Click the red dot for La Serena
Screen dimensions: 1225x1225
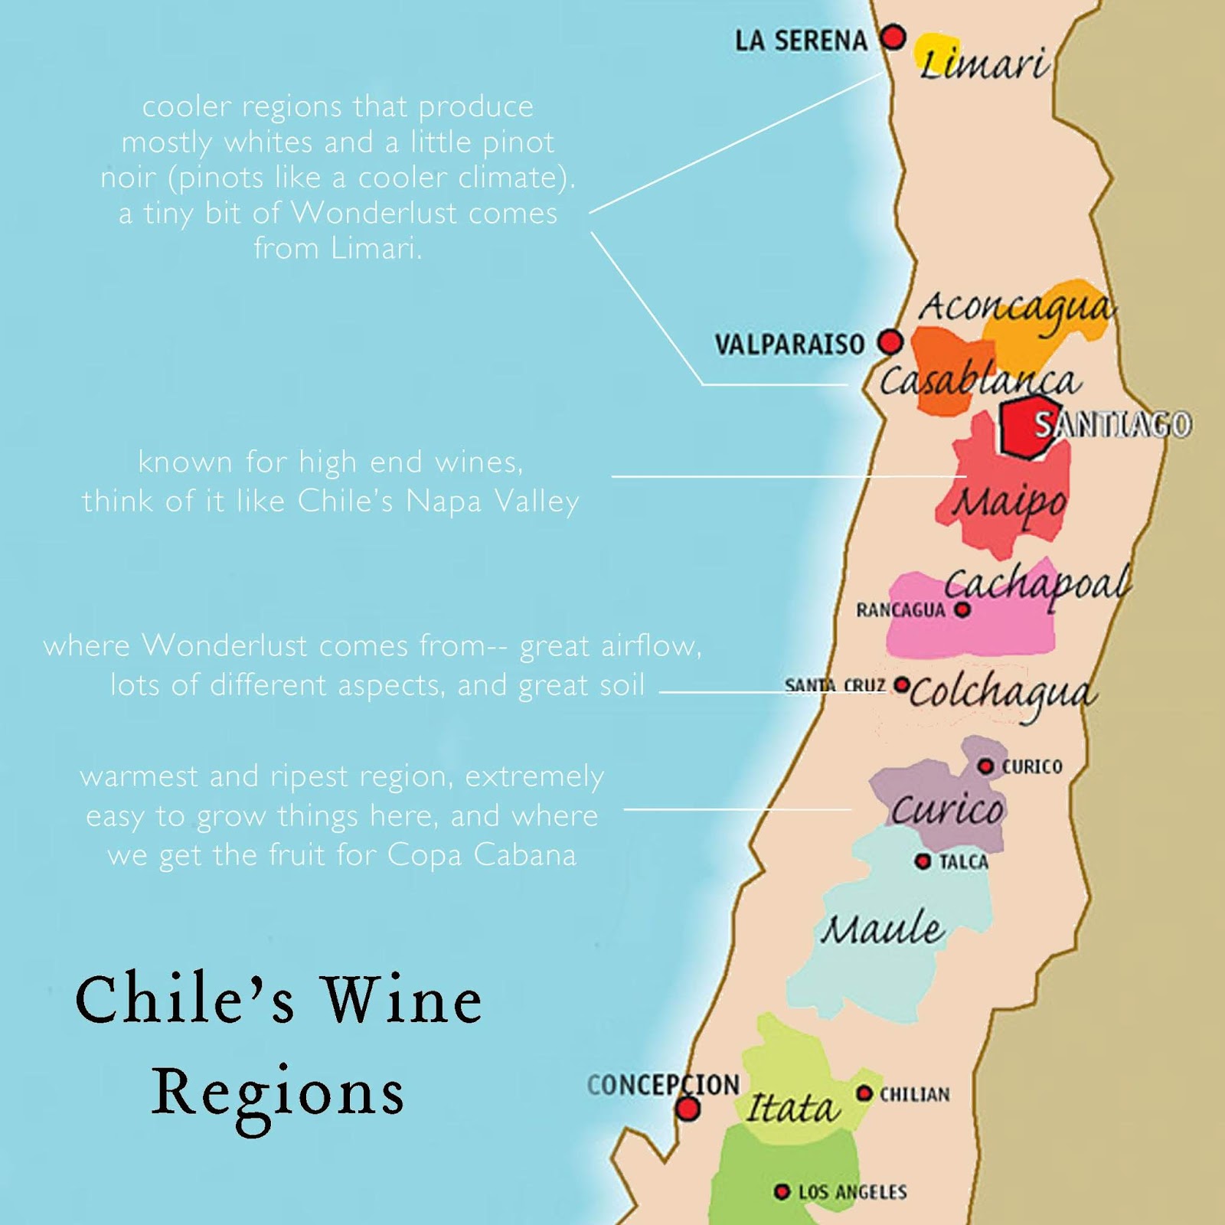(x=893, y=36)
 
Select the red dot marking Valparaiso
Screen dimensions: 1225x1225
(x=890, y=341)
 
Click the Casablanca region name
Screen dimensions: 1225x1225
(x=979, y=381)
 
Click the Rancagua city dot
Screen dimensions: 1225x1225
(x=963, y=609)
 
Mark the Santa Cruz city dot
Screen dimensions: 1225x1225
(x=903, y=683)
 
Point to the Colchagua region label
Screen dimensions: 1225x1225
(x=1003, y=694)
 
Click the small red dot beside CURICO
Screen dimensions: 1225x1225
(x=986, y=766)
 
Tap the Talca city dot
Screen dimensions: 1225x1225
(x=923, y=861)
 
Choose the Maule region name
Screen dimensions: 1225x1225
(x=883, y=929)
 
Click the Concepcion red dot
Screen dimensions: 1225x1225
(x=689, y=1108)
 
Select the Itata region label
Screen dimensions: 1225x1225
(x=792, y=1108)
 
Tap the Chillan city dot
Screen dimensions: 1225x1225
(x=864, y=1093)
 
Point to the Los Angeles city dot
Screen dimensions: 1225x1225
(x=782, y=1191)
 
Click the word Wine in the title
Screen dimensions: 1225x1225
(x=401, y=1000)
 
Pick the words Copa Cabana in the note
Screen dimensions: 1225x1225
(x=482, y=854)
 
